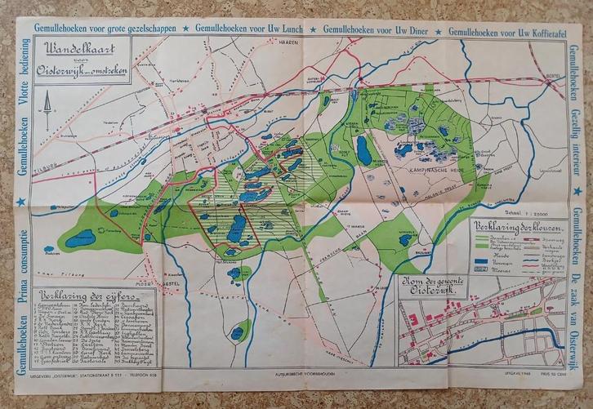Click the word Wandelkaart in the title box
click(78, 47)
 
